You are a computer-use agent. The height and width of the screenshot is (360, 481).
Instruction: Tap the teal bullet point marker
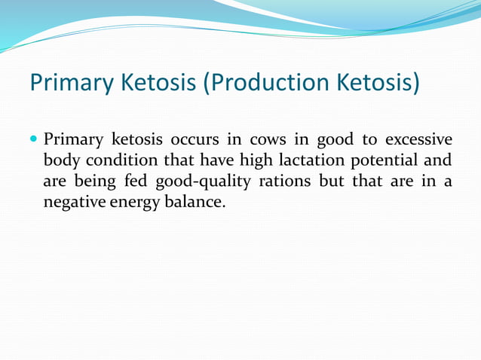coord(34,139)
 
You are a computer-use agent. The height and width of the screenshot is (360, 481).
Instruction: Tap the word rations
coord(286,181)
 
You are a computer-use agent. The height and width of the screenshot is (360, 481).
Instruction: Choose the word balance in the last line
coord(195,201)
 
